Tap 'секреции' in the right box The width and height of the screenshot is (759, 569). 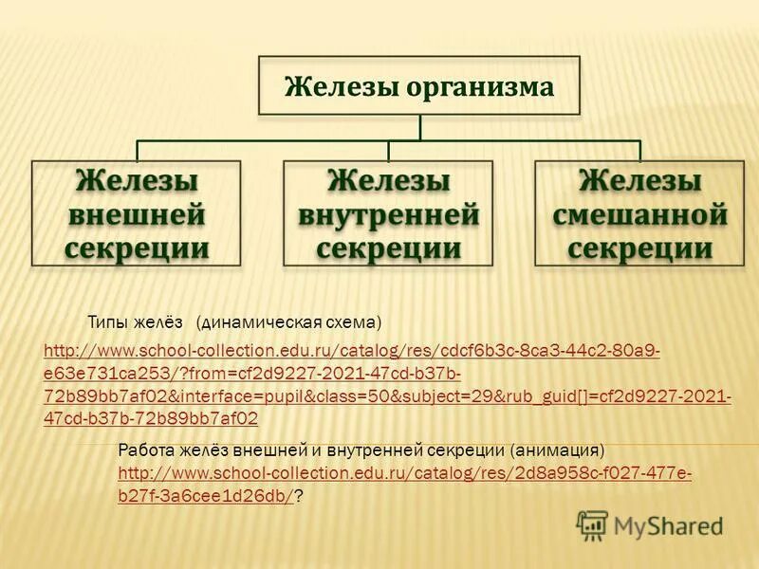point(640,248)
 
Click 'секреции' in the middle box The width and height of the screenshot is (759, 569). point(389,248)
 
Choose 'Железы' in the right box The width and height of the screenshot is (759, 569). point(640,180)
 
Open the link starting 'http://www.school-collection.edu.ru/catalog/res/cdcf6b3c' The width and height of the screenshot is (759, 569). point(352,351)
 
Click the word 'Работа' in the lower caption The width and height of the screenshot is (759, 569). point(145,449)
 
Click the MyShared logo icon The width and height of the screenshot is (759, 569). point(592,524)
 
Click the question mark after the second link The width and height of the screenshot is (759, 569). point(298,496)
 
